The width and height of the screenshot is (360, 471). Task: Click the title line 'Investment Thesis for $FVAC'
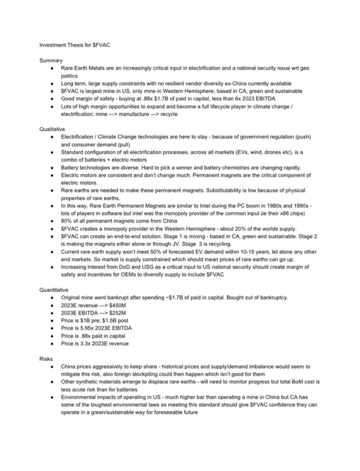(75, 45)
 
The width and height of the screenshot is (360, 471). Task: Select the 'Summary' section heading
(51, 61)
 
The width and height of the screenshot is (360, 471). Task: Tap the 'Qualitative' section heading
(52, 129)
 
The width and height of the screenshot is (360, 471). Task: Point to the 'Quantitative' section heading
(54, 290)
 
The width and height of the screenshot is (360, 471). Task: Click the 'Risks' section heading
(46, 359)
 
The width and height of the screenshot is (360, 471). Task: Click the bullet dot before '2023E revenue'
(52, 306)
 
